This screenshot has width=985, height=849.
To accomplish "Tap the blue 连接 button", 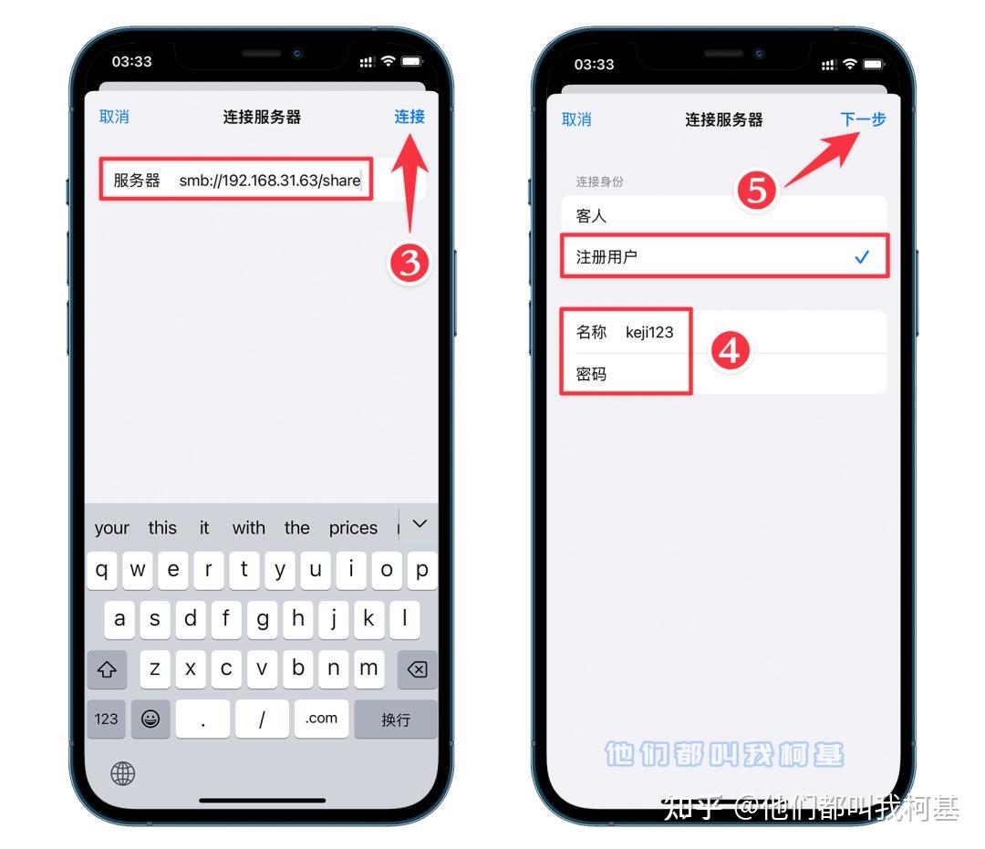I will pyautogui.click(x=410, y=117).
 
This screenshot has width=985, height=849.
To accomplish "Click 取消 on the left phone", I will pyautogui.click(x=114, y=117).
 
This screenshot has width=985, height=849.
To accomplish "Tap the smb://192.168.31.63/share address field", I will pyautogui.click(x=269, y=180).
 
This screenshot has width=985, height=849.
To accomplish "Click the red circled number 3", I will pyautogui.click(x=410, y=263).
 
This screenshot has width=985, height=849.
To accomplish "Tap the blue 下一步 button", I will pyautogui.click(x=863, y=119).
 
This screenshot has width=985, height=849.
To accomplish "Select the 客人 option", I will pyautogui.click(x=591, y=216).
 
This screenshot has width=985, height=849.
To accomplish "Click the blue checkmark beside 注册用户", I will pyautogui.click(x=862, y=257).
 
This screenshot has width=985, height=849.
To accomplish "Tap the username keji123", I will pyautogui.click(x=649, y=332).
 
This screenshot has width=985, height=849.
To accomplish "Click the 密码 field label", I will pyautogui.click(x=591, y=374).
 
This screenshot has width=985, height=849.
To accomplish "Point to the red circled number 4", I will pyautogui.click(x=730, y=350).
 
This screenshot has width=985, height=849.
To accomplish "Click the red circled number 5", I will pyautogui.click(x=757, y=191).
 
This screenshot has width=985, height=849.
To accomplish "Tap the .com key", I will pyautogui.click(x=321, y=719).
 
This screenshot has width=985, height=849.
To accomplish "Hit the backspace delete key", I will pyautogui.click(x=417, y=669).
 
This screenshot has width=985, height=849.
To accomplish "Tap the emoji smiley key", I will pyautogui.click(x=150, y=719).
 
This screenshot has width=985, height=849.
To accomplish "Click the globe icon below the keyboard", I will pyautogui.click(x=123, y=773).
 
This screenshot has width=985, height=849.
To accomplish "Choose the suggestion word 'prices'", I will pyautogui.click(x=353, y=528).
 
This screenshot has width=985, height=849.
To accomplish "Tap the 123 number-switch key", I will pyautogui.click(x=107, y=719).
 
